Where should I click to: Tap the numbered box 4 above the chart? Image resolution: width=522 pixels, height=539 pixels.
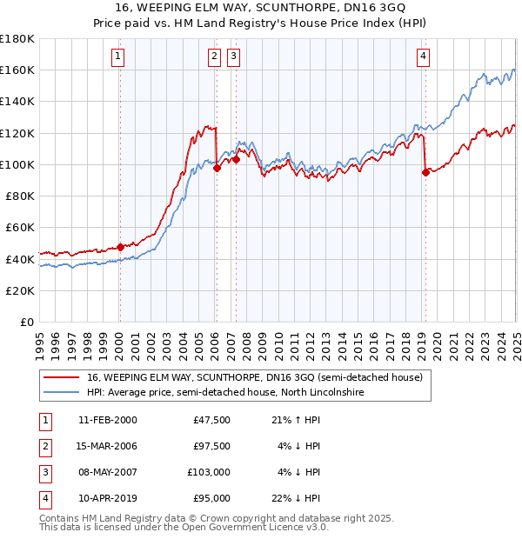[x=423, y=57]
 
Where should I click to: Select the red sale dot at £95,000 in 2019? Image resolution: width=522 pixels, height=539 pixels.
[x=425, y=172]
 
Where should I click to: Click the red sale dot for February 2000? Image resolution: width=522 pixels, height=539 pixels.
[x=120, y=247]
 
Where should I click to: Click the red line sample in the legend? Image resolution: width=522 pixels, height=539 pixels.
[x=61, y=377]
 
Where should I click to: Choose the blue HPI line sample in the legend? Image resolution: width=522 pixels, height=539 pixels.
[x=61, y=393]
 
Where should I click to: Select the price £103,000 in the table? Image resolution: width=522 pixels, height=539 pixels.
[x=209, y=472]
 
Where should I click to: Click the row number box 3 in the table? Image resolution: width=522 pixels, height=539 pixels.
[x=43, y=472]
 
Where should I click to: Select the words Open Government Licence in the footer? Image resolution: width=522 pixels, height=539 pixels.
[x=249, y=527]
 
